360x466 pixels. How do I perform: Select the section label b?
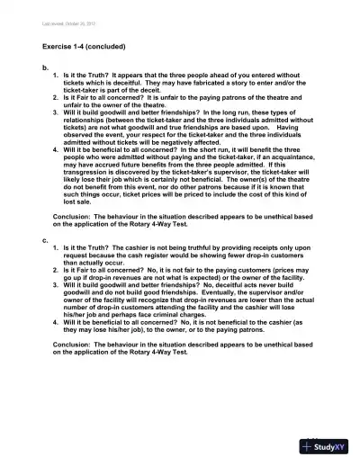pyautogui.click(x=45, y=67)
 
